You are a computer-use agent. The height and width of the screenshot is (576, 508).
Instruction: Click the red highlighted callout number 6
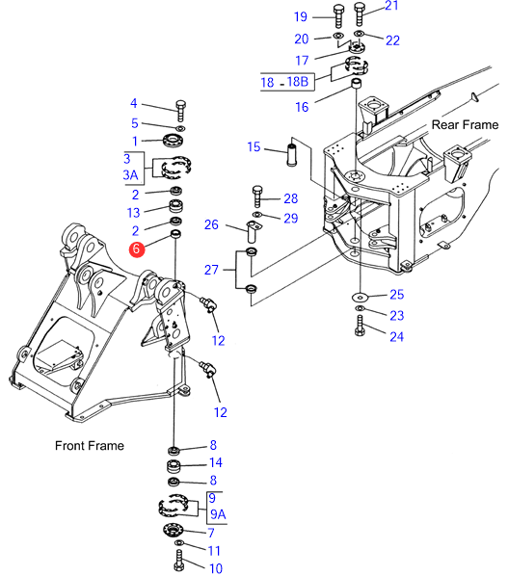(136, 249)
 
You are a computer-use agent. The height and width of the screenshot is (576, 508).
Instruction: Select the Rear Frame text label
(465, 125)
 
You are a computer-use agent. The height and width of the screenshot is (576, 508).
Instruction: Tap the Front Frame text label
(90, 446)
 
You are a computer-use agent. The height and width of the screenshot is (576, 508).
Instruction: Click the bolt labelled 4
(180, 110)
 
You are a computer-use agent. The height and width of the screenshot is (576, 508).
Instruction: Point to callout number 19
(301, 16)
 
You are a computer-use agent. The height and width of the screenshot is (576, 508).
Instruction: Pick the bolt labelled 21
(360, 13)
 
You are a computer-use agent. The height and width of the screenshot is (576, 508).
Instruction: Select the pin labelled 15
(291, 155)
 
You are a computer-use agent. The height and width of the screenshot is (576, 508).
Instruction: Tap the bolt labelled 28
(257, 196)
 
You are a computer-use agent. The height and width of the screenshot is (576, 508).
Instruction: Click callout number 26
(211, 224)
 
